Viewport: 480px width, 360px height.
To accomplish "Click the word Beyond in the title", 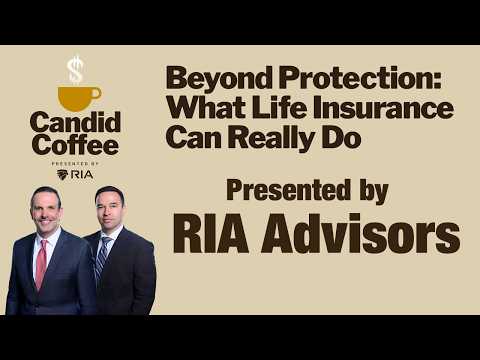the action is point(219,79).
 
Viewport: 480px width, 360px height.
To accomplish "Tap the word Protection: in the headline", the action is point(360,77).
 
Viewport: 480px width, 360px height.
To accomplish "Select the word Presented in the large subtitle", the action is point(288,190).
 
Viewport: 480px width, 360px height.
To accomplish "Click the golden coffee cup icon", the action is point(78,98).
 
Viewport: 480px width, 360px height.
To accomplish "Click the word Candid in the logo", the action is point(75,122).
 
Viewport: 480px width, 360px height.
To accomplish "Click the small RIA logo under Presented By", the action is point(75,175).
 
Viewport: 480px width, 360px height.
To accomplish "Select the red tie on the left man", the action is point(41,263).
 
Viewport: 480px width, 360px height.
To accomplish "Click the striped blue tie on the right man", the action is point(101,257).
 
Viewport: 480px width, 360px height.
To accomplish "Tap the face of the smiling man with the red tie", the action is point(46,211).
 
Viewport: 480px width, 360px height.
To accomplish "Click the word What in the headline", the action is point(206,107).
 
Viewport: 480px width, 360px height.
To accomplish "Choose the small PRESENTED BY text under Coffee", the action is point(75,164).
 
